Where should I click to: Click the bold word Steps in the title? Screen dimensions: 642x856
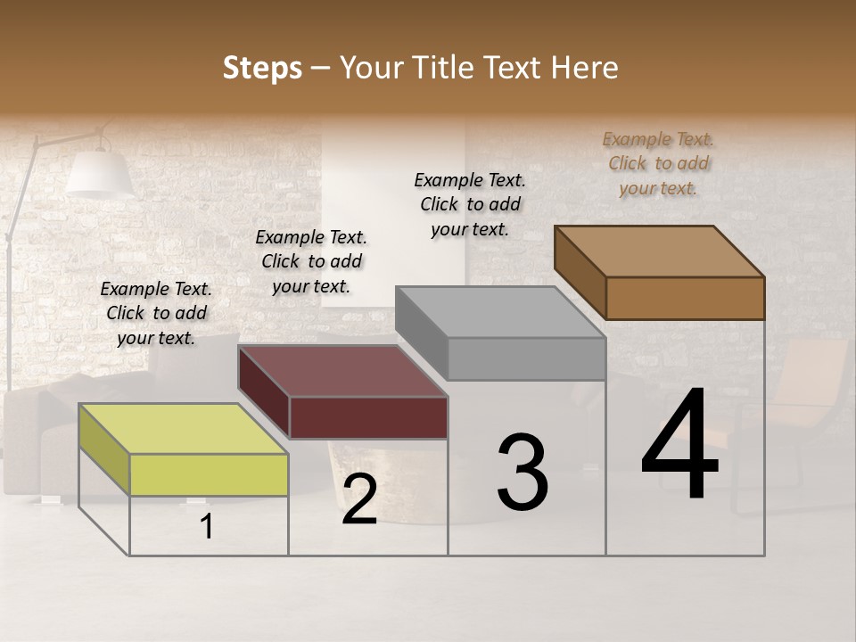click(x=262, y=68)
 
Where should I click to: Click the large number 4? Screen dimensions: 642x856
click(x=679, y=446)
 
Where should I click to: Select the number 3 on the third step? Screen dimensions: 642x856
click(x=523, y=473)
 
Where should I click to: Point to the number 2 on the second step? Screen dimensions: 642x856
click(x=359, y=499)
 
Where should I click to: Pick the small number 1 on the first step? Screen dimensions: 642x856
click(x=207, y=527)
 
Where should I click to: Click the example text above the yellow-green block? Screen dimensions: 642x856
click(x=156, y=313)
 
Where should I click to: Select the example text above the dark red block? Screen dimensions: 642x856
click(x=311, y=261)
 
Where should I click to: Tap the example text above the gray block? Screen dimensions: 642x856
click(x=470, y=204)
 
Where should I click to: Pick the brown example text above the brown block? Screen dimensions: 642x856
click(x=658, y=163)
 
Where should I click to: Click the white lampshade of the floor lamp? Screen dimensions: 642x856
click(x=100, y=174)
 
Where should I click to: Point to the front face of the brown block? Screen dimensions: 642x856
click(x=685, y=298)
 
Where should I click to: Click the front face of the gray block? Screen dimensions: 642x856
click(x=526, y=359)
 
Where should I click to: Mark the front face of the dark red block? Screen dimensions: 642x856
click(x=368, y=417)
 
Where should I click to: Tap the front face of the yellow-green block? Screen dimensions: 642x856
click(x=209, y=473)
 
